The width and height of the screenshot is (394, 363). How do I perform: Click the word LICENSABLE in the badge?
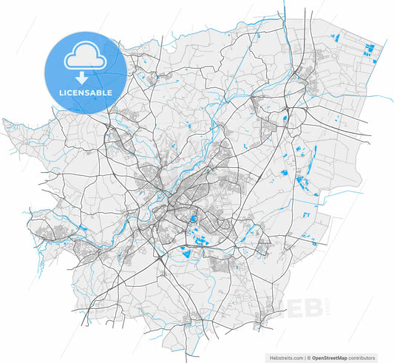click(x=86, y=93)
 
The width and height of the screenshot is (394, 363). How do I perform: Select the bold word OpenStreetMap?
click(x=331, y=356)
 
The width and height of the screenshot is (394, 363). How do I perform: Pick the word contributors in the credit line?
click(x=364, y=356)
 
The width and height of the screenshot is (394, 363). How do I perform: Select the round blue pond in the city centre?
click(x=193, y=219)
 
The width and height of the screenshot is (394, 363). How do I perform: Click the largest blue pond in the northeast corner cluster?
click(x=371, y=51)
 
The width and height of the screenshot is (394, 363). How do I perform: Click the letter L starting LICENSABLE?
click(x=61, y=93)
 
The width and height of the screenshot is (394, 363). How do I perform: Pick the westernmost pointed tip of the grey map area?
click(x=4, y=121)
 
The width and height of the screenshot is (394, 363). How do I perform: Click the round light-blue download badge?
click(x=86, y=71)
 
